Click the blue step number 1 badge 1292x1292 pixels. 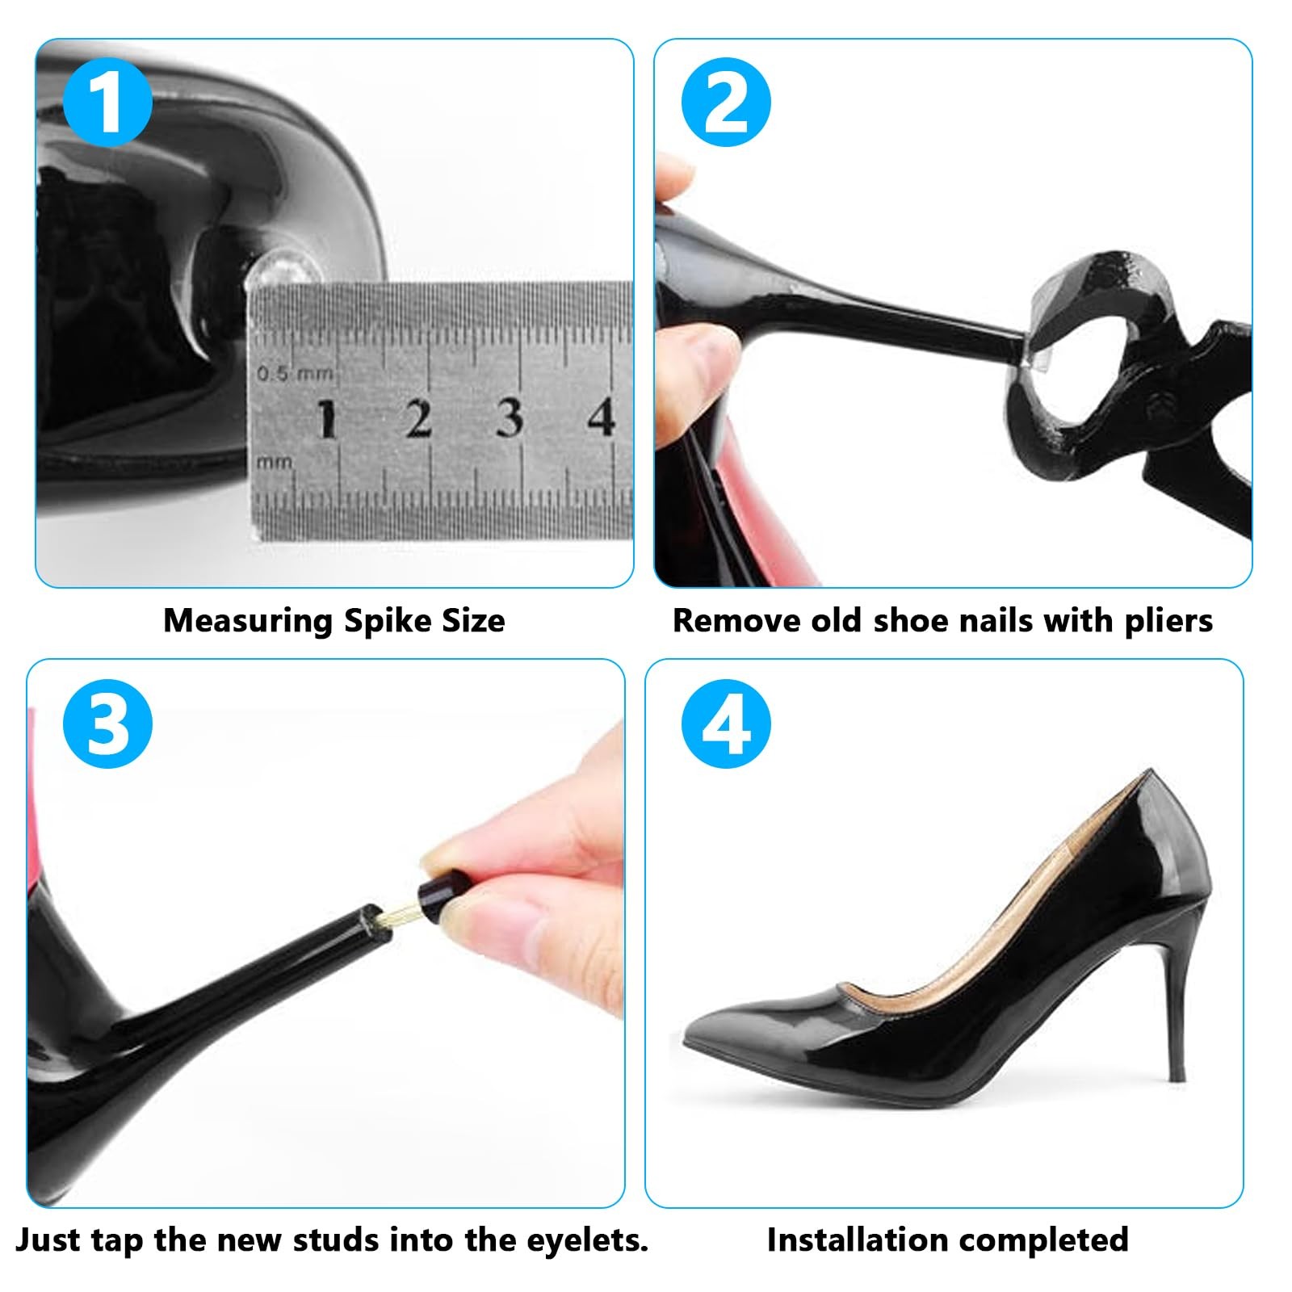click(107, 102)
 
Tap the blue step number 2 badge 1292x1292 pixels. click(726, 102)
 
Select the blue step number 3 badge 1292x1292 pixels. click(107, 723)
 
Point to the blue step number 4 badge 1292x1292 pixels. click(726, 723)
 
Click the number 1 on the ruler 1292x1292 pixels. click(326, 419)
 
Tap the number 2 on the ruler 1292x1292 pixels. click(418, 419)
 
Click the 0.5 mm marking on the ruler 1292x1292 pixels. click(294, 374)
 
